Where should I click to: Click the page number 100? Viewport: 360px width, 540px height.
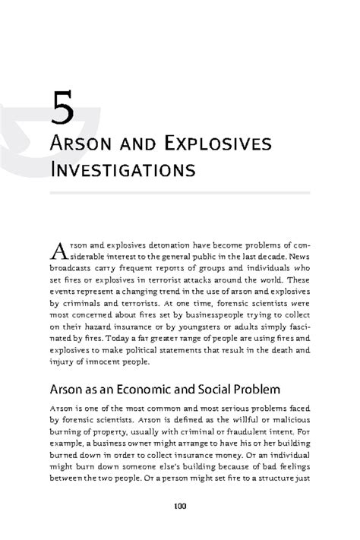pos(180,507)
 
